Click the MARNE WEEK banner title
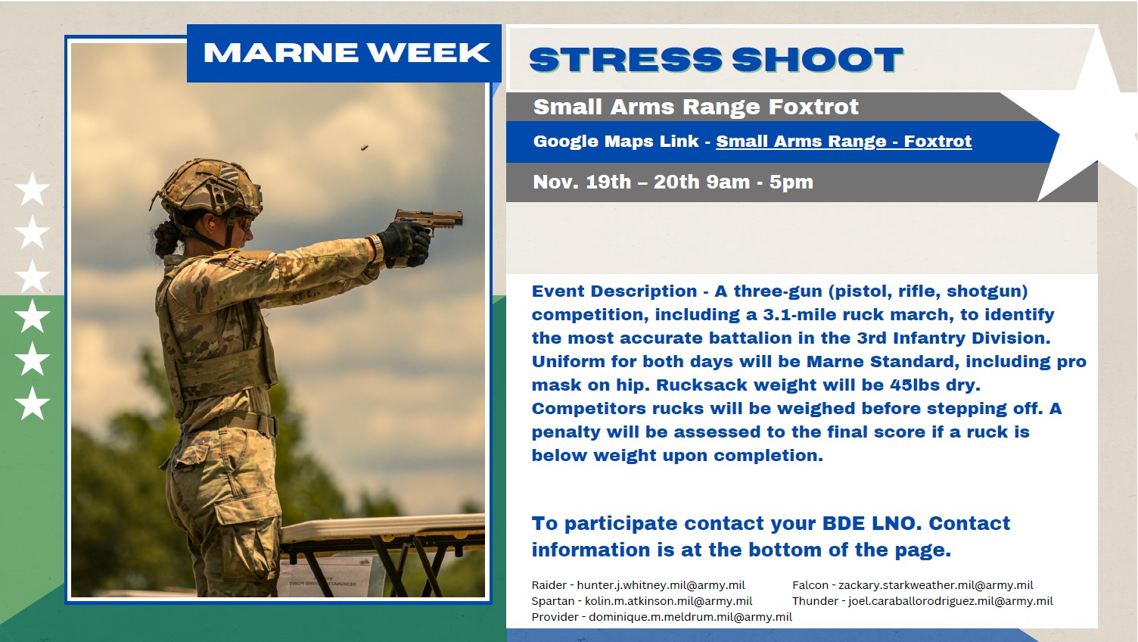tap(347, 53)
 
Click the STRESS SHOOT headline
tap(717, 60)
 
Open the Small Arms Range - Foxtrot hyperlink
tap(844, 141)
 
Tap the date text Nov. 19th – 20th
tap(641, 182)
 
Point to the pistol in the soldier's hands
tap(429, 222)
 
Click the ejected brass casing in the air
tap(364, 148)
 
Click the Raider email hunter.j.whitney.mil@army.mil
tap(661, 585)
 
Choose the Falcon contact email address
tap(936, 585)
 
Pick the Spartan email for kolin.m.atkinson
tap(669, 601)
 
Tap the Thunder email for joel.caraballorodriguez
tap(950, 601)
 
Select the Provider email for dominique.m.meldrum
tap(690, 616)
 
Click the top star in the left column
tap(33, 189)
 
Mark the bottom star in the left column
tap(33, 403)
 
